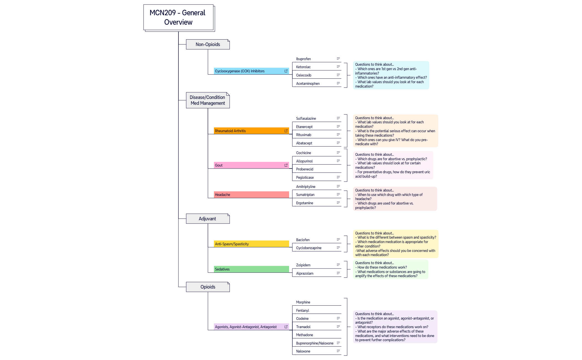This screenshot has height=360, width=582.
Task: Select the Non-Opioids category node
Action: tap(208, 44)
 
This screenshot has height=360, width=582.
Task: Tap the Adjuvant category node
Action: tap(208, 219)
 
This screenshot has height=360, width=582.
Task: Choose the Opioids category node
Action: tap(208, 287)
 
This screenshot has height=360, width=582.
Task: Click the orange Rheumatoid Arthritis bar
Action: tap(251, 131)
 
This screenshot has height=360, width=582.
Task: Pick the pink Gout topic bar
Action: tap(251, 165)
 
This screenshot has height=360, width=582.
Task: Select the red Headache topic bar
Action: tap(251, 195)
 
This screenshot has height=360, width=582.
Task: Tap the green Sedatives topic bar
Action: tap(251, 269)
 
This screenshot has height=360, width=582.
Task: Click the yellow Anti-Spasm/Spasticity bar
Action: tap(251, 244)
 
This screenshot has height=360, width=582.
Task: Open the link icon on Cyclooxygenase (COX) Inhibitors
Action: tap(286, 71)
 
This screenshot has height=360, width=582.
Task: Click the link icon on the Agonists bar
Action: tap(286, 327)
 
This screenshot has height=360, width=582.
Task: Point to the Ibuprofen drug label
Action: tap(303, 59)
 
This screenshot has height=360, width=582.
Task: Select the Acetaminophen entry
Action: tap(308, 83)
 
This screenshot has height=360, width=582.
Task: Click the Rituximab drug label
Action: tap(304, 135)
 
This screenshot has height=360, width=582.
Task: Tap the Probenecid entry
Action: tap(305, 169)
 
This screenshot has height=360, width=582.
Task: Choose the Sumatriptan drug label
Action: tap(305, 195)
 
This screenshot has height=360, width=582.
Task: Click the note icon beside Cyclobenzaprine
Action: tap(338, 247)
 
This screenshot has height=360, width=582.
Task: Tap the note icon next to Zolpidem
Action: tap(338, 265)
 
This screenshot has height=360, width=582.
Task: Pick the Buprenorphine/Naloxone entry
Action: tap(315, 343)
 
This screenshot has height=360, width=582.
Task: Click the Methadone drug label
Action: tap(305, 335)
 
